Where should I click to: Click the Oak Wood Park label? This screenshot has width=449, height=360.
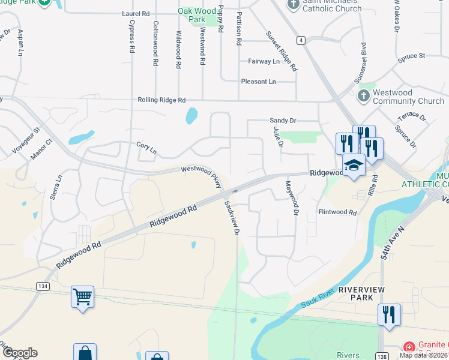tap(196, 15)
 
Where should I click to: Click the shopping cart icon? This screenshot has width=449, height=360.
tap(82, 296)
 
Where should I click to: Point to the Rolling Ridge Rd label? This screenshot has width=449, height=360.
tap(161, 100)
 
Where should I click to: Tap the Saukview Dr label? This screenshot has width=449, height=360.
tap(232, 217)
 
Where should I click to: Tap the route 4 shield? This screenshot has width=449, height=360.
tap(301, 40)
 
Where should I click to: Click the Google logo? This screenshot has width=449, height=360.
tap(19, 353)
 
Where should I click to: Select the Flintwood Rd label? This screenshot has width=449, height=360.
tap(337, 212)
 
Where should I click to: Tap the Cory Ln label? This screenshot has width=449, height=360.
tap(146, 146)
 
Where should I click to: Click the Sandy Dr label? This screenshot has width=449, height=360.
tap(283, 121)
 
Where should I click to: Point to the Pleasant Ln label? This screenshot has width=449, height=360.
tap(258, 82)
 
